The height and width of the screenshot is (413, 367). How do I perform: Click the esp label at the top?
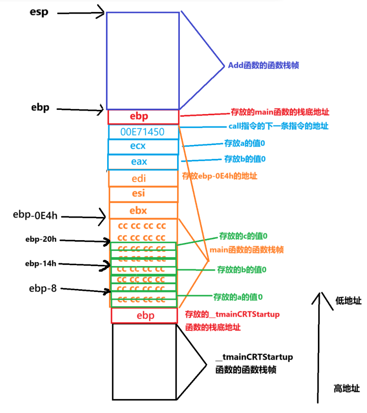pos(39,12)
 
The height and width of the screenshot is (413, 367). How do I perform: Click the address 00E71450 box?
pos(143,132)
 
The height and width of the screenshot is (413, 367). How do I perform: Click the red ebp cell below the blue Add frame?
pos(143,116)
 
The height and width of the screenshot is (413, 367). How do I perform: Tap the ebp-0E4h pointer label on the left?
pos(35,215)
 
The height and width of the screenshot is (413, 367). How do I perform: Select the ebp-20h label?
pos(41,240)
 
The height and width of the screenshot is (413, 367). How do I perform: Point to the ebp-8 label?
pos(43,288)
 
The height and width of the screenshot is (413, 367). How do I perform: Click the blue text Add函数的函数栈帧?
pos(263,65)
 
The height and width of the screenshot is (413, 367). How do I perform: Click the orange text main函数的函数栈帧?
pos(247,250)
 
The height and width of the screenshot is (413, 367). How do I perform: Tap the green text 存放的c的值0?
pos(244,235)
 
